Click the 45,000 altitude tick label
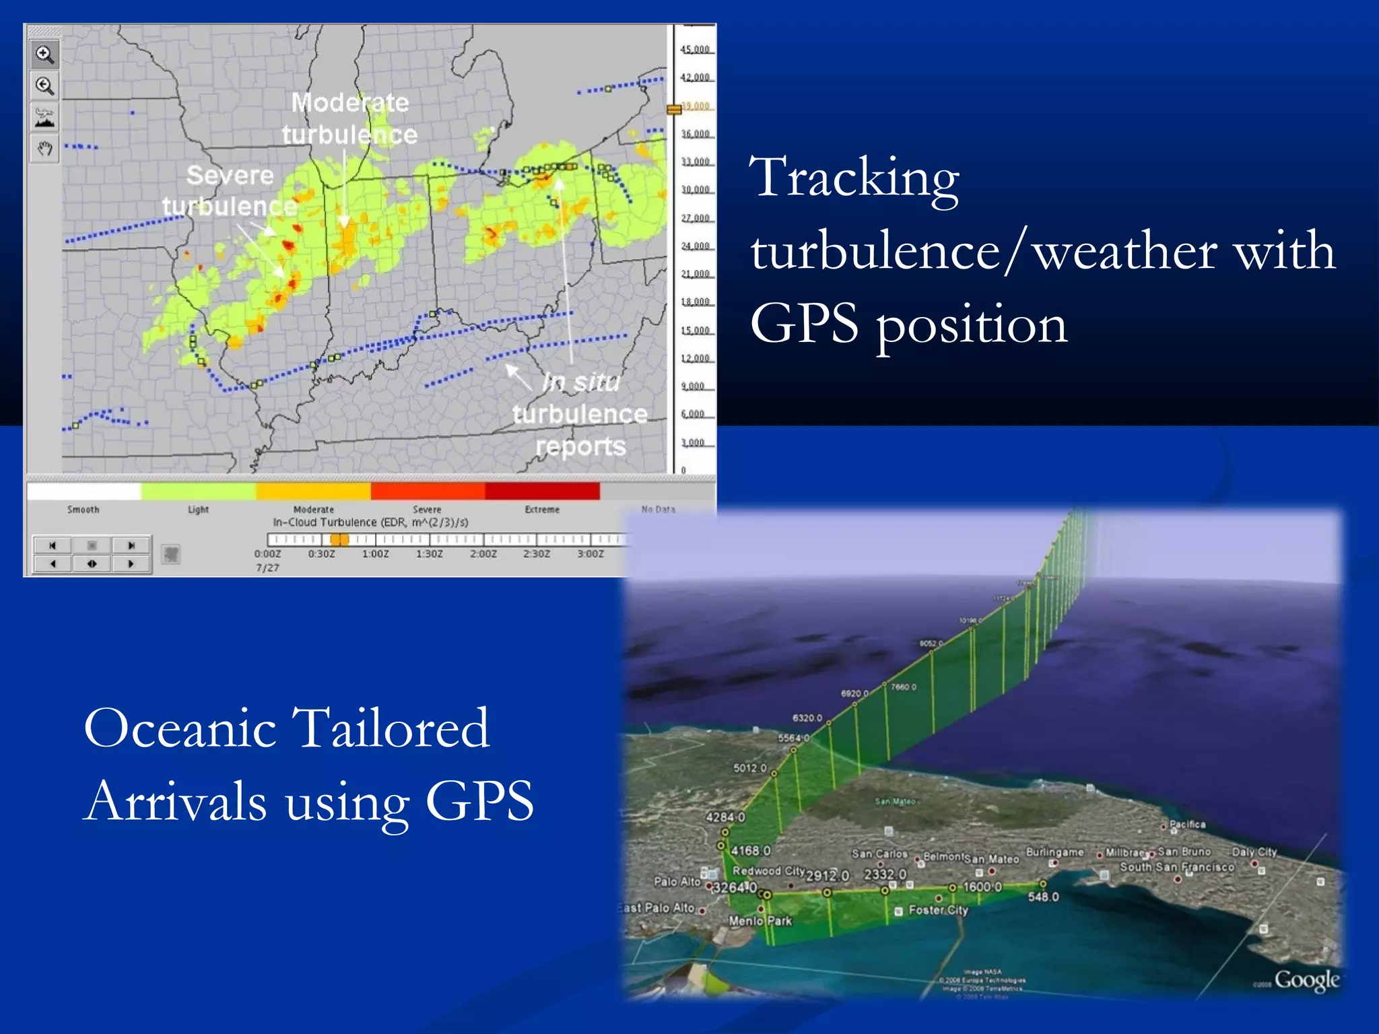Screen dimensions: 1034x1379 click(695, 50)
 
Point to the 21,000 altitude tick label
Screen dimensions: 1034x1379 click(695, 274)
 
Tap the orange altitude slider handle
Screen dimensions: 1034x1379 click(674, 109)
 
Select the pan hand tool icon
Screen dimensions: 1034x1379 click(45, 149)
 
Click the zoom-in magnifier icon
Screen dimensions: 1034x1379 click(45, 55)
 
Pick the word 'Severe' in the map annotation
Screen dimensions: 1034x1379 click(230, 175)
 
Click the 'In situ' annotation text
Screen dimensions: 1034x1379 click(580, 382)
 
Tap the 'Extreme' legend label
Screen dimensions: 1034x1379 click(542, 510)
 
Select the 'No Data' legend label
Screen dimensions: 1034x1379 click(658, 510)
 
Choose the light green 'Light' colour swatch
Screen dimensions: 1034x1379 click(198, 491)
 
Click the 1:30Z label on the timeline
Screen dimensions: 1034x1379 click(429, 554)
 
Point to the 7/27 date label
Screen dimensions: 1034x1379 click(267, 568)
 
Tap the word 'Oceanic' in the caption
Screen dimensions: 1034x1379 click(180, 728)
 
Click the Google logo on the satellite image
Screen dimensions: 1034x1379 click(1306, 980)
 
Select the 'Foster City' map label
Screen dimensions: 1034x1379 click(938, 910)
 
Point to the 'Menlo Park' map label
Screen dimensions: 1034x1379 click(760, 921)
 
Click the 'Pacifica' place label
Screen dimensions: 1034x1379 click(1187, 824)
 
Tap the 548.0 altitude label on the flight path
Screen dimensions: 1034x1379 click(1043, 897)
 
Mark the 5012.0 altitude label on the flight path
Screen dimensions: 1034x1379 click(749, 768)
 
